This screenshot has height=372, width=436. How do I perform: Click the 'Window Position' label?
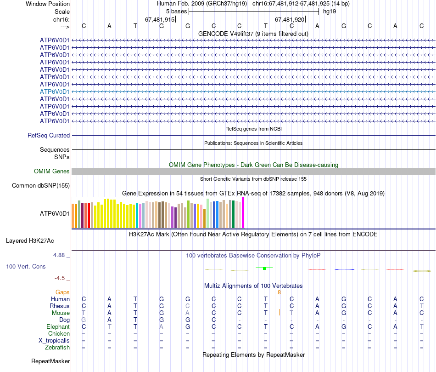[x=48, y=4]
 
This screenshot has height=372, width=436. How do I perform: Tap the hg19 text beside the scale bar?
[x=329, y=11]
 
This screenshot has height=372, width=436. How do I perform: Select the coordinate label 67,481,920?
[x=290, y=19]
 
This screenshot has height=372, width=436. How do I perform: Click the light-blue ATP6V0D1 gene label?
[x=55, y=92]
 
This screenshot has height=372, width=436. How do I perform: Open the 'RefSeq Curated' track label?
[x=49, y=136]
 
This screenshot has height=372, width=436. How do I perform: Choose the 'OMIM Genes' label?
[x=52, y=172]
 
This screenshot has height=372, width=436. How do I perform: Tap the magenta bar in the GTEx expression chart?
[x=243, y=212]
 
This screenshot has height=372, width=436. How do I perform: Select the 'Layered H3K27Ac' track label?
[x=30, y=240]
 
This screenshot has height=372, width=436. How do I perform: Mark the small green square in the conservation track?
[x=264, y=268]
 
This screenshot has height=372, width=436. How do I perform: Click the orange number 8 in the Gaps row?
[x=279, y=292]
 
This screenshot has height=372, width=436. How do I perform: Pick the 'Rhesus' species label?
[x=60, y=306]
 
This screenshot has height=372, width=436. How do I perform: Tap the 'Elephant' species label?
[x=58, y=327]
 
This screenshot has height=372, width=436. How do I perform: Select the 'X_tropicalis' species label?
[x=54, y=341]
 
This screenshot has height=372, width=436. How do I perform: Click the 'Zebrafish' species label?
[x=57, y=348]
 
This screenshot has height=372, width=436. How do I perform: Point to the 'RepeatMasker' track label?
[x=50, y=361]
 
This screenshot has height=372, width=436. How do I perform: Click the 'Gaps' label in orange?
[x=63, y=292]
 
